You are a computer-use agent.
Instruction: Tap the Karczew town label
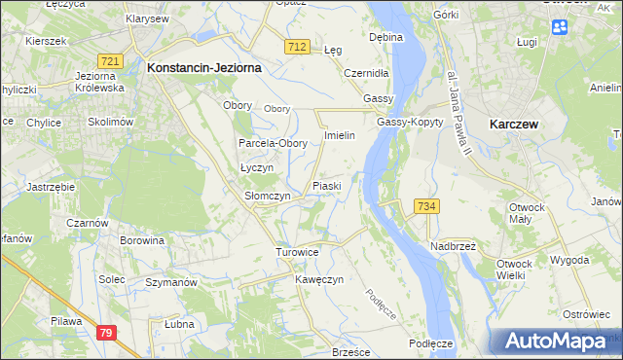click(515, 124)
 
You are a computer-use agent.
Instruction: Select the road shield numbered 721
click(111, 61)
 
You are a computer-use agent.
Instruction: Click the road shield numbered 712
click(299, 47)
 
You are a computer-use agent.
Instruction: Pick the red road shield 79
click(106, 333)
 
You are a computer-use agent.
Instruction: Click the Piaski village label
click(326, 186)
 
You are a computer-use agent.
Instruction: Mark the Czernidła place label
click(367, 73)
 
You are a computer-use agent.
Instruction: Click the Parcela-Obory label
click(274, 143)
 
